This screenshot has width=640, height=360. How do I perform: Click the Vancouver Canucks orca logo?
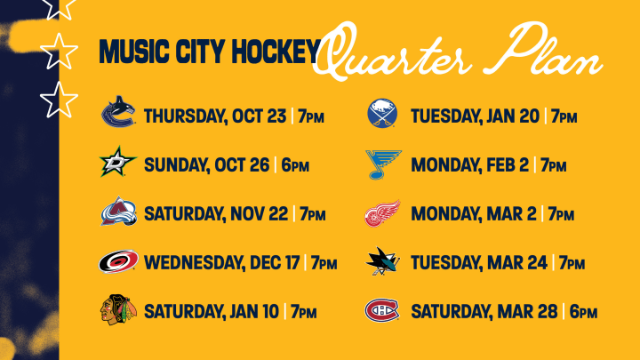pos(118,112)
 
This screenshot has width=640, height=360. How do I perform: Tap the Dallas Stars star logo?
pos(118,162)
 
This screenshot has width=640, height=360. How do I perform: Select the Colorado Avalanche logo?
pos(118,212)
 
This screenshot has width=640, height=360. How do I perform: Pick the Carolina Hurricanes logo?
pos(118,261)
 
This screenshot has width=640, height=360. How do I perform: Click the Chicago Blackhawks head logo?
pos(118,309)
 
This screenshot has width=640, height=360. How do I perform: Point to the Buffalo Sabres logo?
pos(382,113)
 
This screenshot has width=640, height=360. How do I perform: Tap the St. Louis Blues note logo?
pos(383,164)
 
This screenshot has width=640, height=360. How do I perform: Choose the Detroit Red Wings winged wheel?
pos(382,213)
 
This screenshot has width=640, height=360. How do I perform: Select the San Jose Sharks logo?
pos(382,261)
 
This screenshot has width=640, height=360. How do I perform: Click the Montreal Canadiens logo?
pos(382,310)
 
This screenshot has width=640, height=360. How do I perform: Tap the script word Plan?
pos(552,51)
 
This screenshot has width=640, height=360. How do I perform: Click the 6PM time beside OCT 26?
pos(295,165)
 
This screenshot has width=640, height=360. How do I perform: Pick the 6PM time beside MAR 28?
pos(583,312)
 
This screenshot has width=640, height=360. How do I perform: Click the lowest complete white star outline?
pos(60,100)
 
